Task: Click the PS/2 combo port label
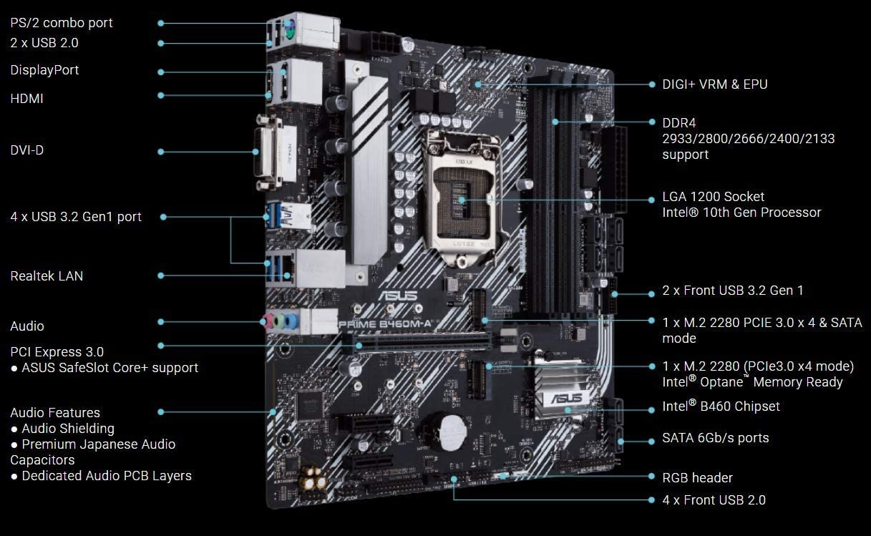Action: tap(62, 24)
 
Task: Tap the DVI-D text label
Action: tap(26, 150)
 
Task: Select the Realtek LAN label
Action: tap(47, 276)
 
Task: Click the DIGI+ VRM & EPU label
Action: tap(715, 84)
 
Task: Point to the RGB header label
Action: tap(697, 478)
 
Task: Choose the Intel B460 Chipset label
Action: tap(721, 406)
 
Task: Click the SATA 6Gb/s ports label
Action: tap(716, 438)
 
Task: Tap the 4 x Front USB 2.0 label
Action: tap(714, 500)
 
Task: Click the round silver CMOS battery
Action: tap(452, 432)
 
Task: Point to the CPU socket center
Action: tap(462, 200)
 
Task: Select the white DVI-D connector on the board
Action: tap(268, 152)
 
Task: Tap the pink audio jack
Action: tap(267, 321)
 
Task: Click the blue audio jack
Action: tap(291, 322)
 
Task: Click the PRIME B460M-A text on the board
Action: tap(385, 324)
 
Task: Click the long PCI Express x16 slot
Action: tap(416, 343)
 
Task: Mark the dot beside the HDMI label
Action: tap(160, 96)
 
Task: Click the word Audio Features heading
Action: tap(55, 412)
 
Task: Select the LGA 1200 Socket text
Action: tap(713, 197)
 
